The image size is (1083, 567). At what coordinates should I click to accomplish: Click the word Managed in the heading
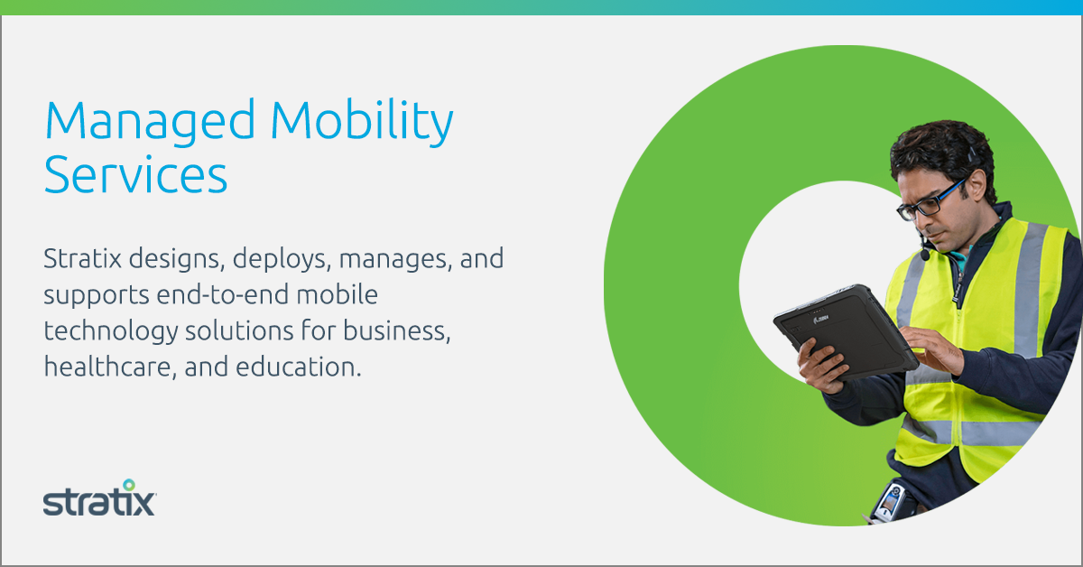click(150, 122)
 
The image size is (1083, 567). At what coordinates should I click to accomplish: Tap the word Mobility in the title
click(362, 121)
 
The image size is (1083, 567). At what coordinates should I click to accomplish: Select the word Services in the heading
click(136, 174)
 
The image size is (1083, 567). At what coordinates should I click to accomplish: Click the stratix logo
click(99, 497)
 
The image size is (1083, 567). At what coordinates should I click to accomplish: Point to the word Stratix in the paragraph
click(83, 258)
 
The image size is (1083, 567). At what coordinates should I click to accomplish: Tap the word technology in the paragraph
click(111, 332)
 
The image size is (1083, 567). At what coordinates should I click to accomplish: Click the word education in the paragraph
click(299, 367)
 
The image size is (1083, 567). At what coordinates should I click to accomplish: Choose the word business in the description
click(397, 331)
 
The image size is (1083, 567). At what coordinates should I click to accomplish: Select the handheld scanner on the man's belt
click(891, 502)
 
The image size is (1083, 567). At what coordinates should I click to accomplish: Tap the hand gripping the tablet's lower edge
click(821, 366)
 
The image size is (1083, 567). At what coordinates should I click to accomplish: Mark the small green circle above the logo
click(128, 484)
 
